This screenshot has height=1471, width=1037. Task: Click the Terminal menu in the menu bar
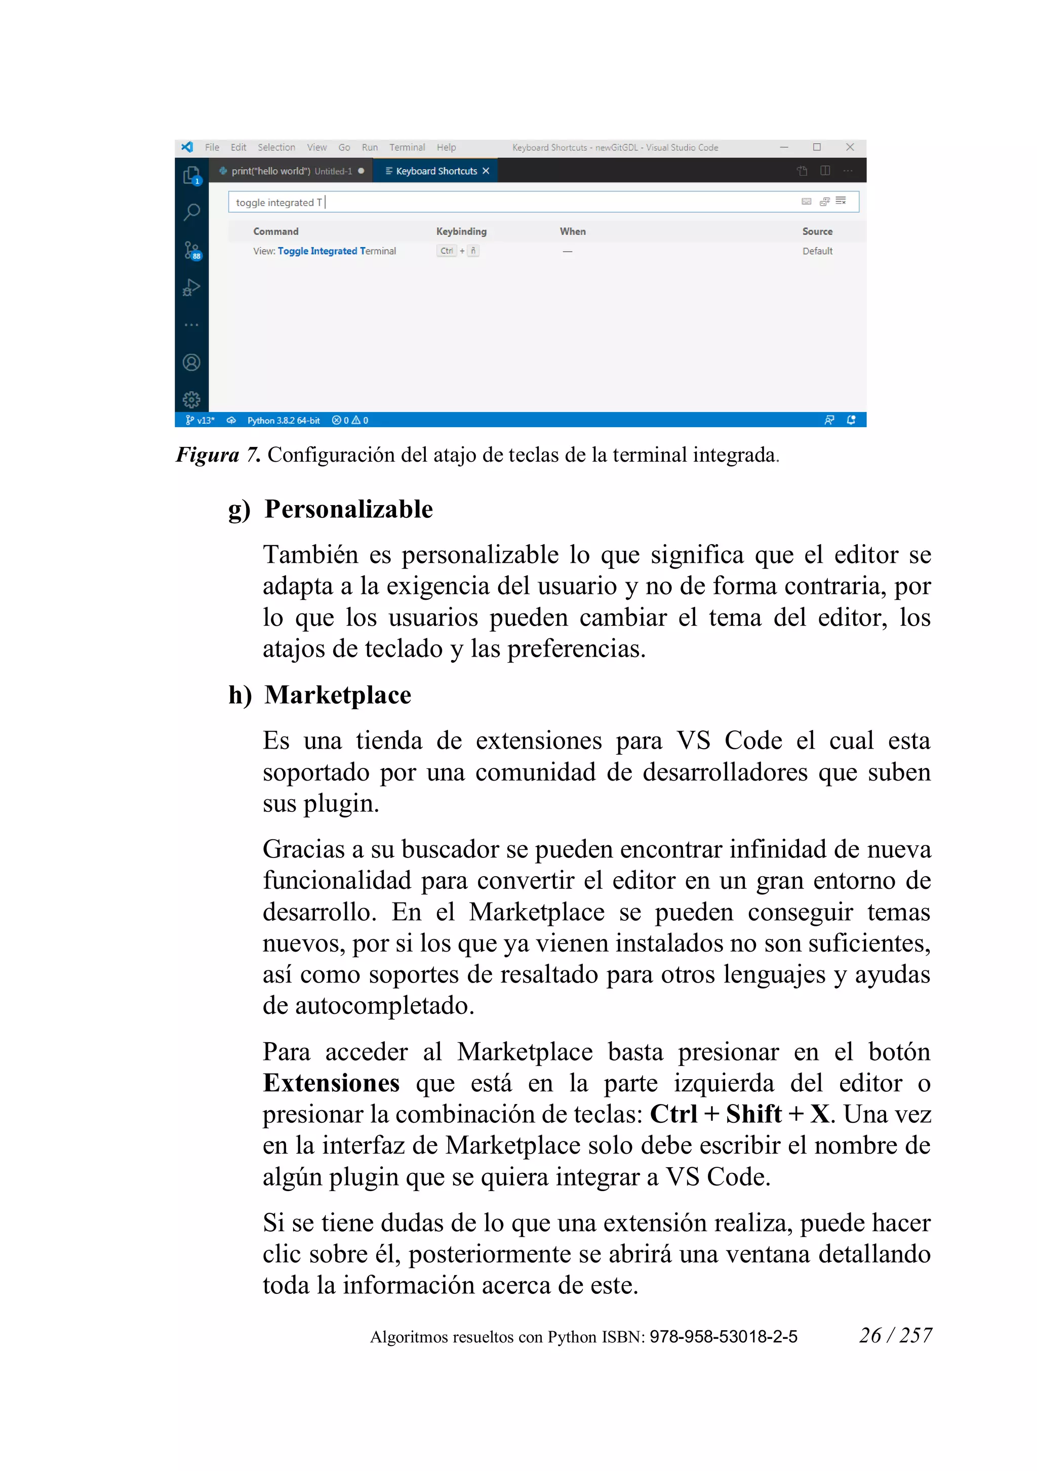[x=407, y=147]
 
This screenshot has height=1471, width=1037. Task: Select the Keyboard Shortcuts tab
[x=436, y=171]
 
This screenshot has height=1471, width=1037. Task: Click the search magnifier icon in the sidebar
[x=191, y=212]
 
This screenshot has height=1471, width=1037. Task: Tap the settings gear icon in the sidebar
[x=191, y=400]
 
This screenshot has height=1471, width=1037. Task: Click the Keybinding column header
[x=461, y=231]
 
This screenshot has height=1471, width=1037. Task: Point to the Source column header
[x=817, y=231]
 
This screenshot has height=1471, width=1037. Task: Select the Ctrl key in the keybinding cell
[x=446, y=251]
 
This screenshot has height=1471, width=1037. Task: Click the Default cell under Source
[x=817, y=251]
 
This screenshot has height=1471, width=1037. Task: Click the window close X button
[x=850, y=147]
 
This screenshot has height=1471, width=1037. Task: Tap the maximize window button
[x=817, y=147]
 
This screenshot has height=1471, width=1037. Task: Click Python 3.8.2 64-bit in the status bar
[x=283, y=420]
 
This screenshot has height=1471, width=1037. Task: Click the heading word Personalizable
[x=349, y=509]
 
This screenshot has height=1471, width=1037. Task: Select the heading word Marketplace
[x=338, y=695]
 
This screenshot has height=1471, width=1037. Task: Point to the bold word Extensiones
[x=331, y=1083]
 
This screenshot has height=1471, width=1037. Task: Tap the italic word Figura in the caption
[x=207, y=455]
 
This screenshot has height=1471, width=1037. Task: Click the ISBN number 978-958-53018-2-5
[x=723, y=1336]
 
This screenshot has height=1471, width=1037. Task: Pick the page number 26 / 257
[x=895, y=1335]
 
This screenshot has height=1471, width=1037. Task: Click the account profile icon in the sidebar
[x=191, y=362]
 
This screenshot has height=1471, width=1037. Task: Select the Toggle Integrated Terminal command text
[x=324, y=251]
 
